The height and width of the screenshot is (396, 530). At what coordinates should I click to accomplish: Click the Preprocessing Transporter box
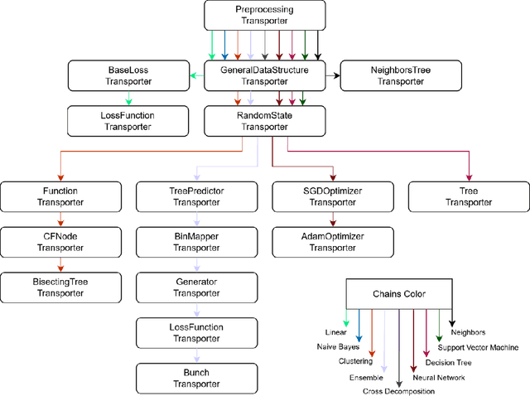pyautogui.click(x=264, y=15)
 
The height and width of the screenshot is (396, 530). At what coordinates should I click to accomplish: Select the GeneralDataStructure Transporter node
pyautogui.click(x=264, y=75)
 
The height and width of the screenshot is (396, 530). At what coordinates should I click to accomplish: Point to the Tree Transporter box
pyautogui.click(x=469, y=196)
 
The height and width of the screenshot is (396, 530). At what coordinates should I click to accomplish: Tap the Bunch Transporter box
pyautogui.click(x=196, y=378)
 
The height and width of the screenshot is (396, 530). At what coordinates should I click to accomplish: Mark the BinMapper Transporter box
pyautogui.click(x=196, y=242)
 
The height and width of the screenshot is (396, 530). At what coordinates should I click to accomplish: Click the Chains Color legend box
pyautogui.click(x=398, y=293)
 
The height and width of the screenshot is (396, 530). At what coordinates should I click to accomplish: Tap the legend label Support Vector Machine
pyautogui.click(x=479, y=347)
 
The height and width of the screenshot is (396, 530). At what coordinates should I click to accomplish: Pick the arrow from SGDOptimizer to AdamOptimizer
pyautogui.click(x=334, y=219)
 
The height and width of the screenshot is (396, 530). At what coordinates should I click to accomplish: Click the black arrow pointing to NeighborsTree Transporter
pyautogui.click(x=333, y=75)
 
